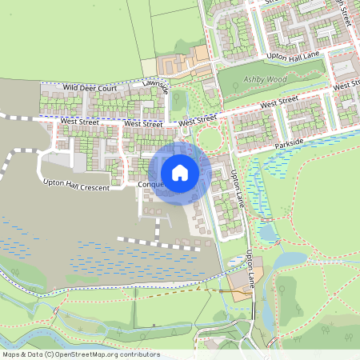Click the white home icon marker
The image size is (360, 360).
click(x=180, y=173)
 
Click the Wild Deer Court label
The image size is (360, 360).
click(x=90, y=86)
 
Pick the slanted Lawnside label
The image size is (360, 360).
click(x=156, y=86)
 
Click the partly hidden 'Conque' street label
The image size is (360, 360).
click(x=152, y=185)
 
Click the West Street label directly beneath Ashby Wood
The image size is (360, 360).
click(x=278, y=102)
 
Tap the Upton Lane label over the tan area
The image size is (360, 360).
click(x=254, y=270)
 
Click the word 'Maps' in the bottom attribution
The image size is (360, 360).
click(x=12, y=354)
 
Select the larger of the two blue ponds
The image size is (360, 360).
click(x=290, y=260)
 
